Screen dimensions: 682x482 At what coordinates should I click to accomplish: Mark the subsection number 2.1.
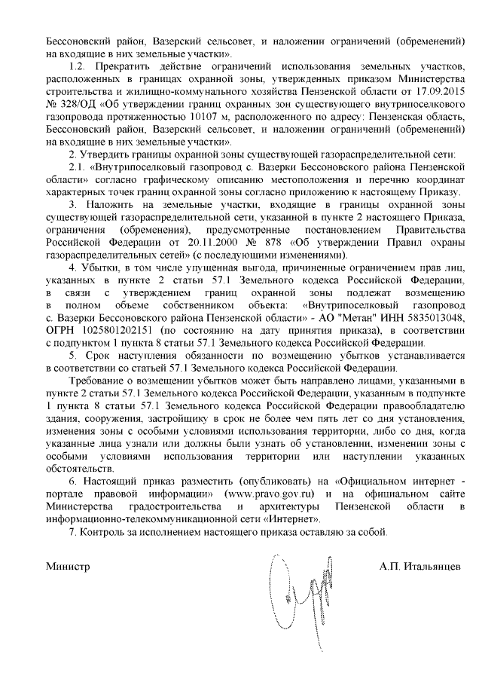pyautogui.click(x=77, y=167)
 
